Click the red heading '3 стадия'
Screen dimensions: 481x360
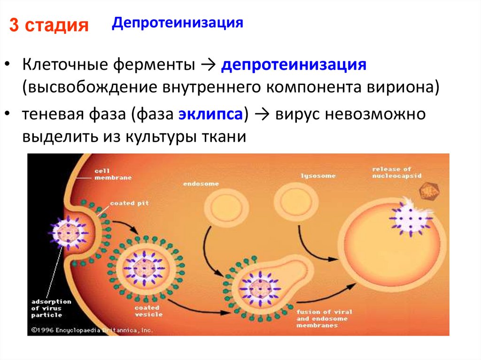click(49, 25)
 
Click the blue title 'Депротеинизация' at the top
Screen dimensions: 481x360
click(177, 23)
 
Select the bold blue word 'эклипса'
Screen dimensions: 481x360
click(210, 115)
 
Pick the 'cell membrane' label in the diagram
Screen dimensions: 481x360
click(113, 175)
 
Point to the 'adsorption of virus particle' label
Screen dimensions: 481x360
click(50, 308)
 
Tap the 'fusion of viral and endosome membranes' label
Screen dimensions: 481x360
click(323, 318)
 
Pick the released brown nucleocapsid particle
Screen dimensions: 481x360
click(428, 191)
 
